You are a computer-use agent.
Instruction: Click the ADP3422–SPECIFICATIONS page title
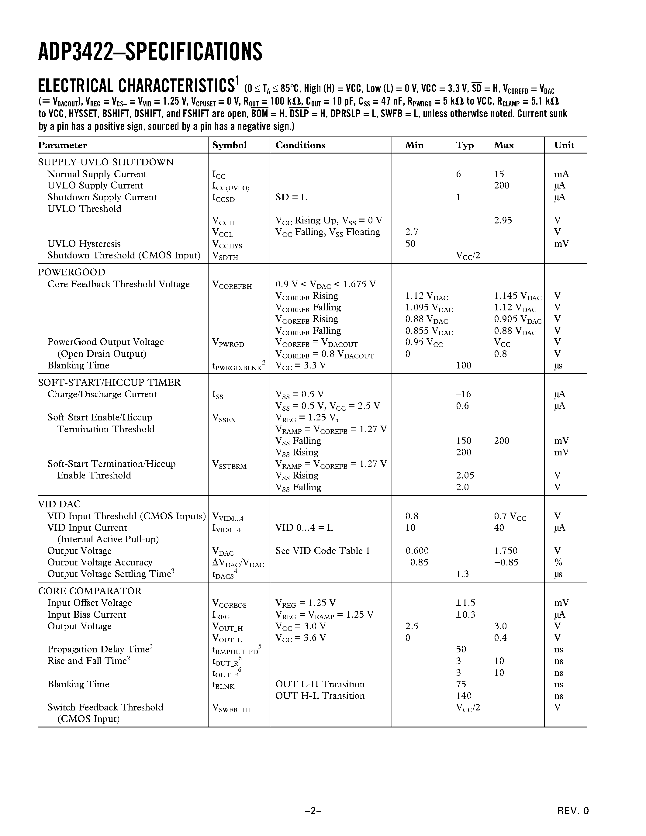[x=150, y=52]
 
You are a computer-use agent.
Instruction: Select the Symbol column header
[x=229, y=145]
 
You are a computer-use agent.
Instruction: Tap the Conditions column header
[x=300, y=145]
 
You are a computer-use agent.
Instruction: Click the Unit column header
[x=564, y=145]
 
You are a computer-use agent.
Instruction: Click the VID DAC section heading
[x=59, y=504]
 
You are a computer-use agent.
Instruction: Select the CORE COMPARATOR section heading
[x=90, y=591]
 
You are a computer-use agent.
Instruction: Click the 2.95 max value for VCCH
[x=503, y=220]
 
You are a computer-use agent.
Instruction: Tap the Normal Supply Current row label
[x=97, y=174]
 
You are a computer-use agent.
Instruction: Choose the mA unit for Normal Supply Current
[x=561, y=174]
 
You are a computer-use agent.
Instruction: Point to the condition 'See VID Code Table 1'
[x=323, y=551]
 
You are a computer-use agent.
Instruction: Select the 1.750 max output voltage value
[x=506, y=551]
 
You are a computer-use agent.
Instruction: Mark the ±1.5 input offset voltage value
[x=465, y=603]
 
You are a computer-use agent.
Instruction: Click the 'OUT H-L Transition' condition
[x=320, y=696]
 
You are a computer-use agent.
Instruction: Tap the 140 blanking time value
[x=464, y=696]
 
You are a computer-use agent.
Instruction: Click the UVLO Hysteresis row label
[x=84, y=244]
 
